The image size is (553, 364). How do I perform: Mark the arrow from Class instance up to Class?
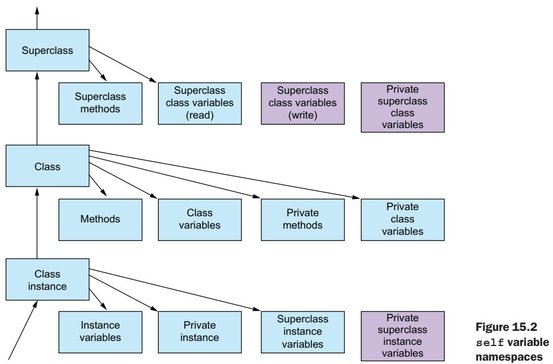tap(38, 224)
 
